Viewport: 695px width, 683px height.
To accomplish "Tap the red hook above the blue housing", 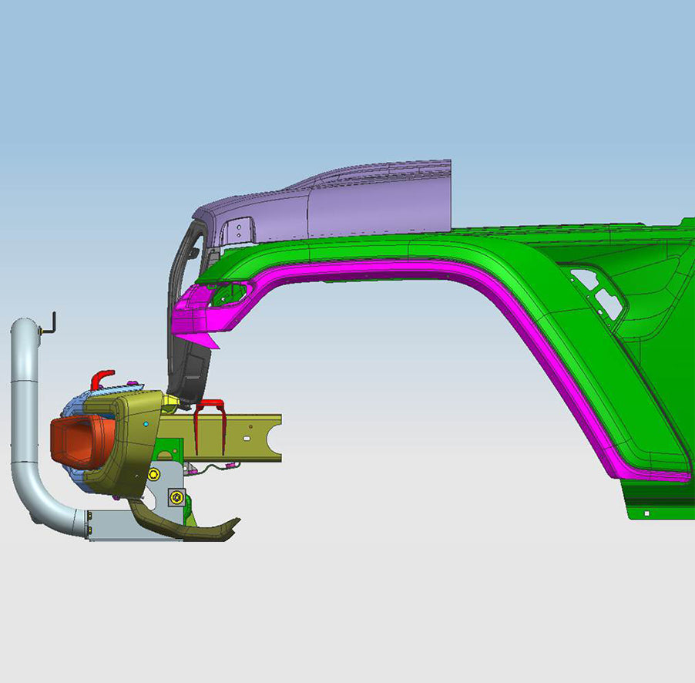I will tap(101, 378).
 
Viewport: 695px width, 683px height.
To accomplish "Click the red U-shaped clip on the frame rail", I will tap(210, 426).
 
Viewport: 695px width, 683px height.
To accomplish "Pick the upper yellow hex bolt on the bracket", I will tap(154, 473).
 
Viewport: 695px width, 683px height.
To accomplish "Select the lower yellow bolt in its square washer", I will tap(177, 497).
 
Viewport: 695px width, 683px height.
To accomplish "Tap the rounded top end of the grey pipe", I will tap(24, 328).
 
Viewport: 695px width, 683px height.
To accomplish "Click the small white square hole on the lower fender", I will tap(646, 513).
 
